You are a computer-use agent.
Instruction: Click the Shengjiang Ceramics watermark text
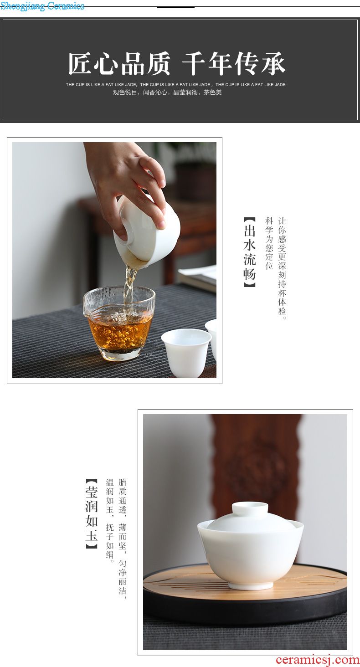click(x=42, y=6)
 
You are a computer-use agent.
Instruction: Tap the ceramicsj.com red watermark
click(x=318, y=660)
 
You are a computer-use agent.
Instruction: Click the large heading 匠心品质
click(x=119, y=63)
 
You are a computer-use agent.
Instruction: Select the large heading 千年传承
click(x=234, y=63)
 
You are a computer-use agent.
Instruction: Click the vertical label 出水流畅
click(x=250, y=252)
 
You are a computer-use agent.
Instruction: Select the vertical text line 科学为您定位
click(x=269, y=244)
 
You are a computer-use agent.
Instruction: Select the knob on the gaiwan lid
click(x=250, y=508)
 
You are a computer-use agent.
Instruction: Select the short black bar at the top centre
click(x=176, y=7)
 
